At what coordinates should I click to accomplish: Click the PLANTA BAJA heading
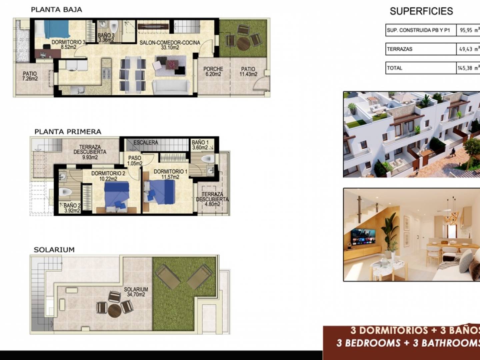(x=56, y=10)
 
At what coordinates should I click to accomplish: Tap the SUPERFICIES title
(x=421, y=11)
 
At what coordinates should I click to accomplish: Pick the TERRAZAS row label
(x=400, y=49)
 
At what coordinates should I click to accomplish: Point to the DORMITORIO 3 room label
(x=68, y=44)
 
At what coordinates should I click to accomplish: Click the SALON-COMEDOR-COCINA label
(x=170, y=45)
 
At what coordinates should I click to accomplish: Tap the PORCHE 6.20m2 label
(x=213, y=71)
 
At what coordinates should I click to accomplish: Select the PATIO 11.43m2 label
(x=248, y=71)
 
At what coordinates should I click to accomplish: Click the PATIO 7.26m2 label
(x=30, y=76)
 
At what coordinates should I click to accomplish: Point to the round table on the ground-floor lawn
(x=243, y=44)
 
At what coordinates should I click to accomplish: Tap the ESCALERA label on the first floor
(x=146, y=143)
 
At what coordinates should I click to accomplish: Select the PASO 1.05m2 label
(x=135, y=160)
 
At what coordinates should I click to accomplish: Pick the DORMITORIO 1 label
(x=170, y=174)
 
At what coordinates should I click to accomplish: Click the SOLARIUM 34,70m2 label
(x=136, y=292)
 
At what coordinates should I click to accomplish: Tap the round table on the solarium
(x=115, y=311)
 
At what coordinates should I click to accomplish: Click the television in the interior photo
(x=363, y=237)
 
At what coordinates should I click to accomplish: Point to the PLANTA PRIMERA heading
(x=68, y=132)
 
